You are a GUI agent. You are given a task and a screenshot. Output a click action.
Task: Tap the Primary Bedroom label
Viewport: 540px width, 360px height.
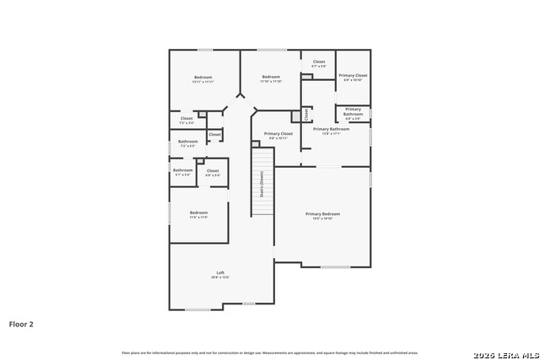pyautogui.click(x=322, y=215)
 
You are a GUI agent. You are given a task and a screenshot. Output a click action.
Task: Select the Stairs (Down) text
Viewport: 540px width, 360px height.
pyautogui.click(x=262, y=184)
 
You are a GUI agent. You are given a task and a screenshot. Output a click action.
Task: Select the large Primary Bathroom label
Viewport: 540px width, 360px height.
pyautogui.click(x=331, y=131)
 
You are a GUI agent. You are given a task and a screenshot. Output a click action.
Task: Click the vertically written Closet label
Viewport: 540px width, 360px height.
pyautogui.click(x=306, y=114)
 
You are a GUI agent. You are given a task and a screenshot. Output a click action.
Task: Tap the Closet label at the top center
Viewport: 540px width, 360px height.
pyautogui.click(x=319, y=62)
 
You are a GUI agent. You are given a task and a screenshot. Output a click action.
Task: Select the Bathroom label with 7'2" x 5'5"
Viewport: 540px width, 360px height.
pyautogui.click(x=188, y=142)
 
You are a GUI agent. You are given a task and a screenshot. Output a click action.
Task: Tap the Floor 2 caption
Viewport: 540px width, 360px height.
pyautogui.click(x=21, y=323)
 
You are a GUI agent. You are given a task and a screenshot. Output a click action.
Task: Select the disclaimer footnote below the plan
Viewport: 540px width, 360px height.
pyautogui.click(x=269, y=352)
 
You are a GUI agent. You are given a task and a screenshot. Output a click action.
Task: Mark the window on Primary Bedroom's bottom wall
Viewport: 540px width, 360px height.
pyautogui.click(x=335, y=267)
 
